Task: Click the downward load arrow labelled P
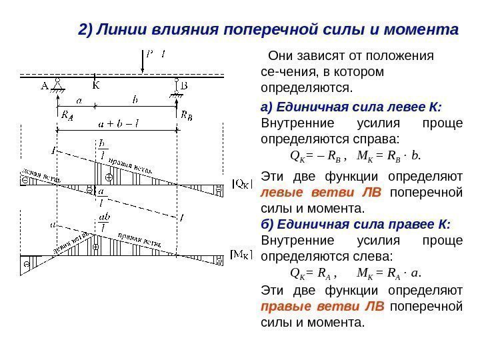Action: (x=143, y=61)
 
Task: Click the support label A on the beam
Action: (x=45, y=85)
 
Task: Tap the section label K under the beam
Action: (x=95, y=85)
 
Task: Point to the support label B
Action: (x=185, y=85)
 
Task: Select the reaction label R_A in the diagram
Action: (x=67, y=114)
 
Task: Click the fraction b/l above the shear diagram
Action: (x=101, y=148)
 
